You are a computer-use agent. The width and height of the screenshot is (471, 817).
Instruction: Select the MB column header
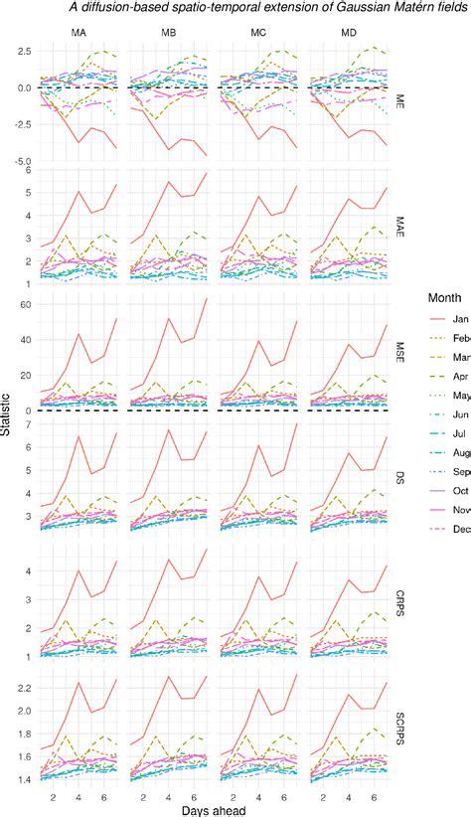click(169, 34)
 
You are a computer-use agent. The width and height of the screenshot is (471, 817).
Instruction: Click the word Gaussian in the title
click(344, 8)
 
